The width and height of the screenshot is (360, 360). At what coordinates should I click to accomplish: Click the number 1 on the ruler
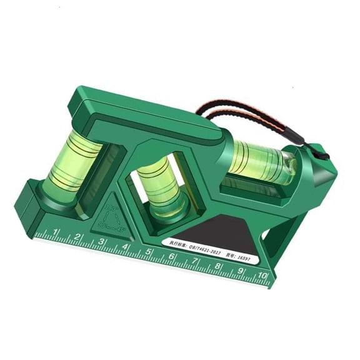(57, 233)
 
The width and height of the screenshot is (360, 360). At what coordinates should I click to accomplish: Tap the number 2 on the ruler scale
(79, 237)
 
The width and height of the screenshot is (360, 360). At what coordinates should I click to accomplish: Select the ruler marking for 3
(101, 242)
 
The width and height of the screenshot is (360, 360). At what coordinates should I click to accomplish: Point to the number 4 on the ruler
(125, 247)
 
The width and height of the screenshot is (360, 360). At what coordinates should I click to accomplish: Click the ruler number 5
(149, 252)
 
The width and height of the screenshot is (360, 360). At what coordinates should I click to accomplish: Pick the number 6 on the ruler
(172, 257)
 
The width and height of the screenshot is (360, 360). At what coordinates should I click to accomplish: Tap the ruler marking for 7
(195, 262)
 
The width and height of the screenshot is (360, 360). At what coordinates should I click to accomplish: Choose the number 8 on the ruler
(218, 267)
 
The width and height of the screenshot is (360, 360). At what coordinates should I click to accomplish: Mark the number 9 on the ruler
(241, 271)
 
